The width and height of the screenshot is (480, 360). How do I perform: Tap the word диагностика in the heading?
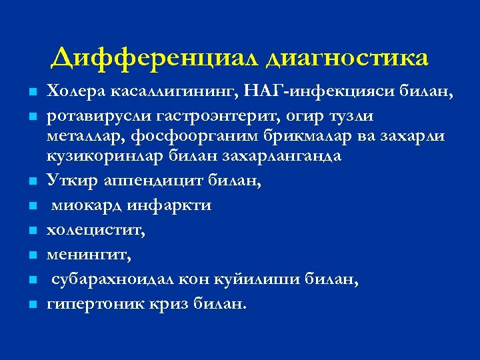(x=347, y=58)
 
